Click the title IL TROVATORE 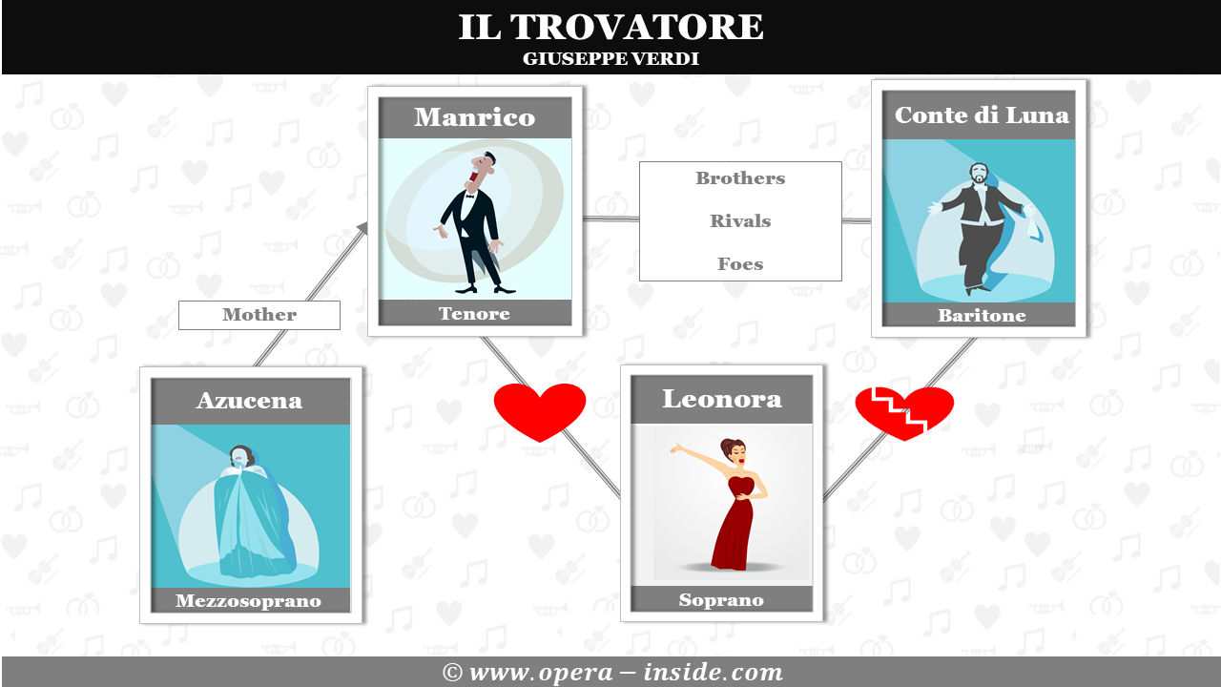coord(610,27)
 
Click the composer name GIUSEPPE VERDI coord(610,59)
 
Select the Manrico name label coord(475,117)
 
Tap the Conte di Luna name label coord(982,114)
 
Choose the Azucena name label coord(249,400)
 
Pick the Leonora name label coord(722,398)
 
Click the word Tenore coord(475,313)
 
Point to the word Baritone coord(982,316)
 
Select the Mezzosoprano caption coord(249,601)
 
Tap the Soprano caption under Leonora coord(721,600)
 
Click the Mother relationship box coord(259,315)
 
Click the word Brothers coord(740,178)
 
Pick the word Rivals coord(740,221)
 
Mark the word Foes coord(740,264)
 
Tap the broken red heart coord(904,411)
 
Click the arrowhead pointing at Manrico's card coord(362,226)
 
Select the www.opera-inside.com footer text coord(611,673)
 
